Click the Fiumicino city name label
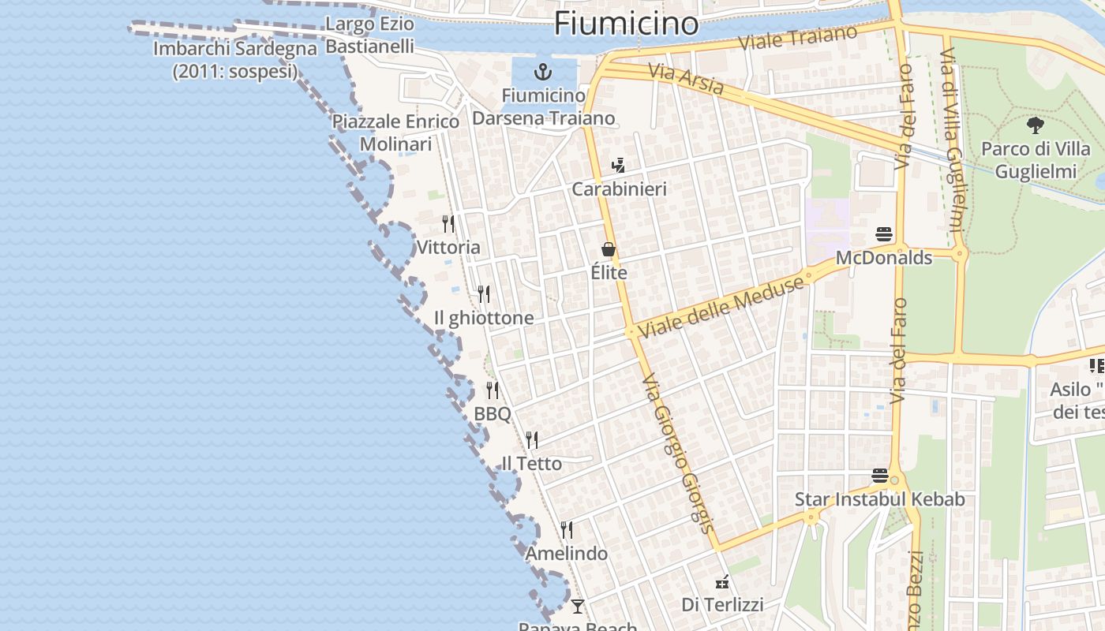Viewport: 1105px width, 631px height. tap(626, 24)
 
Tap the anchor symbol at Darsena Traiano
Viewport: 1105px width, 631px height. tap(542, 73)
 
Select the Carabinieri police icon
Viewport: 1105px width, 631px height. tap(619, 166)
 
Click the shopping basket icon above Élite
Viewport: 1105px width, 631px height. tap(609, 249)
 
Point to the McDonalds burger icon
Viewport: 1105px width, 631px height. tap(884, 234)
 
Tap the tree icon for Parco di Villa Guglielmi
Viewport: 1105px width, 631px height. tap(1035, 125)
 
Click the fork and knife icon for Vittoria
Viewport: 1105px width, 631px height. tap(448, 224)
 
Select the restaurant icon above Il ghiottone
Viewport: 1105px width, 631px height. tap(484, 294)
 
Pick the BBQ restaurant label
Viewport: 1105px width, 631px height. tap(493, 414)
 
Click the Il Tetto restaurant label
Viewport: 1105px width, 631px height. tap(532, 464)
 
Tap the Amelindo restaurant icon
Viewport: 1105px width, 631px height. tap(567, 529)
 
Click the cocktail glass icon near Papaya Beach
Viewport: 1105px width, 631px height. tap(578, 606)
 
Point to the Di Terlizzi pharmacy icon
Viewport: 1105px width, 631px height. tap(721, 583)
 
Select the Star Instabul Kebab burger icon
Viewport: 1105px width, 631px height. tap(880, 476)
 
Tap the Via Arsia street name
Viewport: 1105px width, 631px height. tap(685, 79)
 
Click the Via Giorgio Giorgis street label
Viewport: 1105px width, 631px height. tap(678, 454)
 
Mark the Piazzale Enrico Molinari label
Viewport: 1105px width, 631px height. tap(395, 133)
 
